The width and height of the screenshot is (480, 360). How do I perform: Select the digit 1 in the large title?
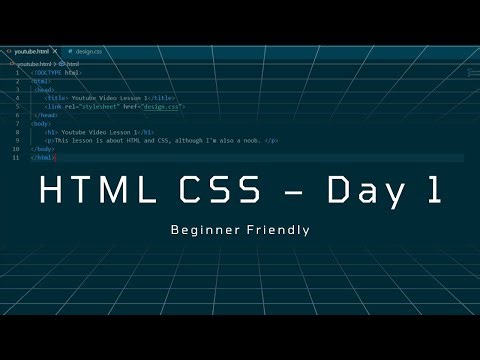434,190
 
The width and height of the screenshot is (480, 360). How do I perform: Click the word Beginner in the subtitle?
205,229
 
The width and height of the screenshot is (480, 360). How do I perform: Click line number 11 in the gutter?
15,158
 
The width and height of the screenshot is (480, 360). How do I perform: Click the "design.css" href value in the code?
164,106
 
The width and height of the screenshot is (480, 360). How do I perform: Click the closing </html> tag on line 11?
42,158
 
